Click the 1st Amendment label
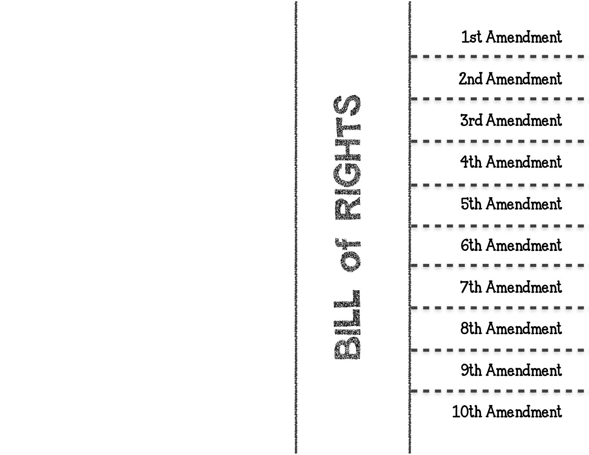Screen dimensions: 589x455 512,37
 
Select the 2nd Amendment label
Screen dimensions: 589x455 510,79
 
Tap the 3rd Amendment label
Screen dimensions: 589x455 511,120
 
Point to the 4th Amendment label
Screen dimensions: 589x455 511,162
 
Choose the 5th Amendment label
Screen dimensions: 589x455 511,204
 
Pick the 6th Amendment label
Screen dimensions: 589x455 511,245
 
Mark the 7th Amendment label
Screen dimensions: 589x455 511,287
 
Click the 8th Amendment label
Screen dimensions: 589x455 511,328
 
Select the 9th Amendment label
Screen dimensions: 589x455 511,370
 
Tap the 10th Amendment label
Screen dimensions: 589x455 507,412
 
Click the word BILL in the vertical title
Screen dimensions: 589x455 347,325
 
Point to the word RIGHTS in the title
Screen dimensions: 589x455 347,157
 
